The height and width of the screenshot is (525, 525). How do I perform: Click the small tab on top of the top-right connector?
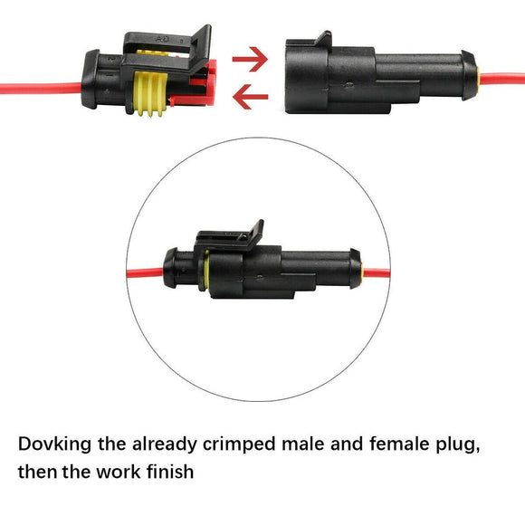(321, 38)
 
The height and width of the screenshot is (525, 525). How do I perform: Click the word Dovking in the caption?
(61, 444)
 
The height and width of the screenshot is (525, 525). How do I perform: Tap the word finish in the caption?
(167, 472)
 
